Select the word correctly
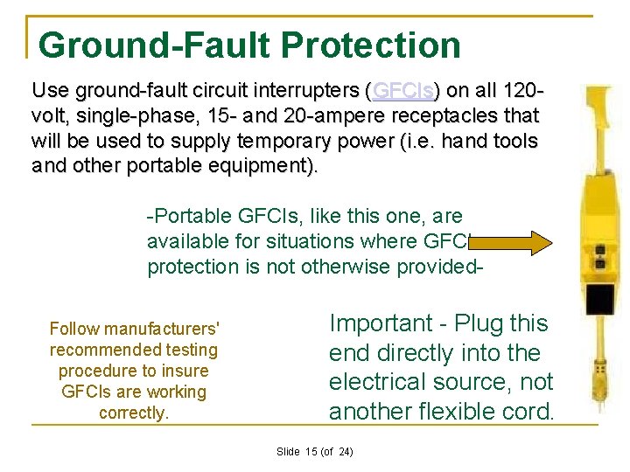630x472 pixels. coord(134,413)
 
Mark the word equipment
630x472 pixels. coord(268,165)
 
